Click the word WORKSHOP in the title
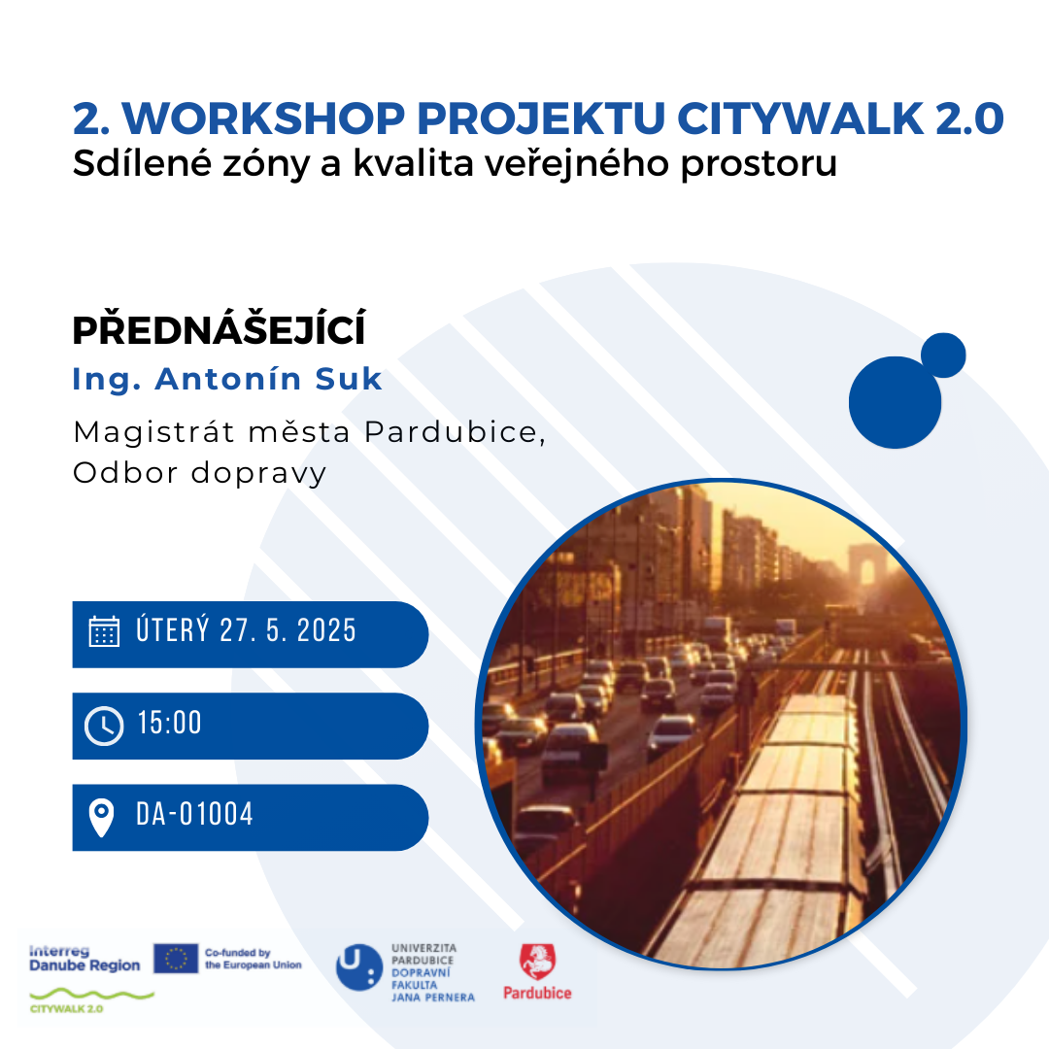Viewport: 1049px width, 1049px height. tap(263, 119)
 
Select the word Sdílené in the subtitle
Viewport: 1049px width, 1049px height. tap(142, 163)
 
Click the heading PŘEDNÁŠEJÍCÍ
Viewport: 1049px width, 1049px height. tap(219, 329)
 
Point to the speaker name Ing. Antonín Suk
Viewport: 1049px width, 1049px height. tap(226, 379)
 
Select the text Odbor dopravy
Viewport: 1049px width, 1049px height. tap(199, 473)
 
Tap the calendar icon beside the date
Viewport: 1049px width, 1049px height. tap(104, 631)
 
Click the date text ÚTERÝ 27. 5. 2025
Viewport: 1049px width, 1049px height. tap(246, 630)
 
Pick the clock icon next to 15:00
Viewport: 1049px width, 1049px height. tap(104, 726)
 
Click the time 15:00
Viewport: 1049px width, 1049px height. tap(169, 724)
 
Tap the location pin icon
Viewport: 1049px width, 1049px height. tap(102, 818)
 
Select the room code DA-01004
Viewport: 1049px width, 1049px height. tap(194, 814)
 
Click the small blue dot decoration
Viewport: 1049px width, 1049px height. tap(943, 355)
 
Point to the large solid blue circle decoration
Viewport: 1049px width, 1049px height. tap(895, 403)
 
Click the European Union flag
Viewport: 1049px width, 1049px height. tap(175, 958)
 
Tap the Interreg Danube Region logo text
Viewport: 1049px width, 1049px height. tap(85, 959)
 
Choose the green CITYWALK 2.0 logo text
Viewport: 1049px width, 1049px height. tap(66, 1009)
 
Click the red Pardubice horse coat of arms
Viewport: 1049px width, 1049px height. tap(538, 963)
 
